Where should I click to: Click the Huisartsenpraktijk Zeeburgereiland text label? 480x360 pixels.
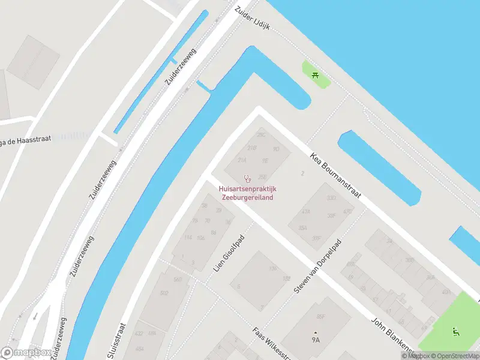pos(247,193)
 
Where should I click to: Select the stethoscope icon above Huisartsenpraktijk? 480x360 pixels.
pos(247,178)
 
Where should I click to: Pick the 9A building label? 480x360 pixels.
pos(316,340)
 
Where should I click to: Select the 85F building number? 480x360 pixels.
pos(321,316)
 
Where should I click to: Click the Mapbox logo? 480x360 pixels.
pos(26,352)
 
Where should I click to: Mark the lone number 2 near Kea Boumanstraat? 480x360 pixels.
pos(303,173)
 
